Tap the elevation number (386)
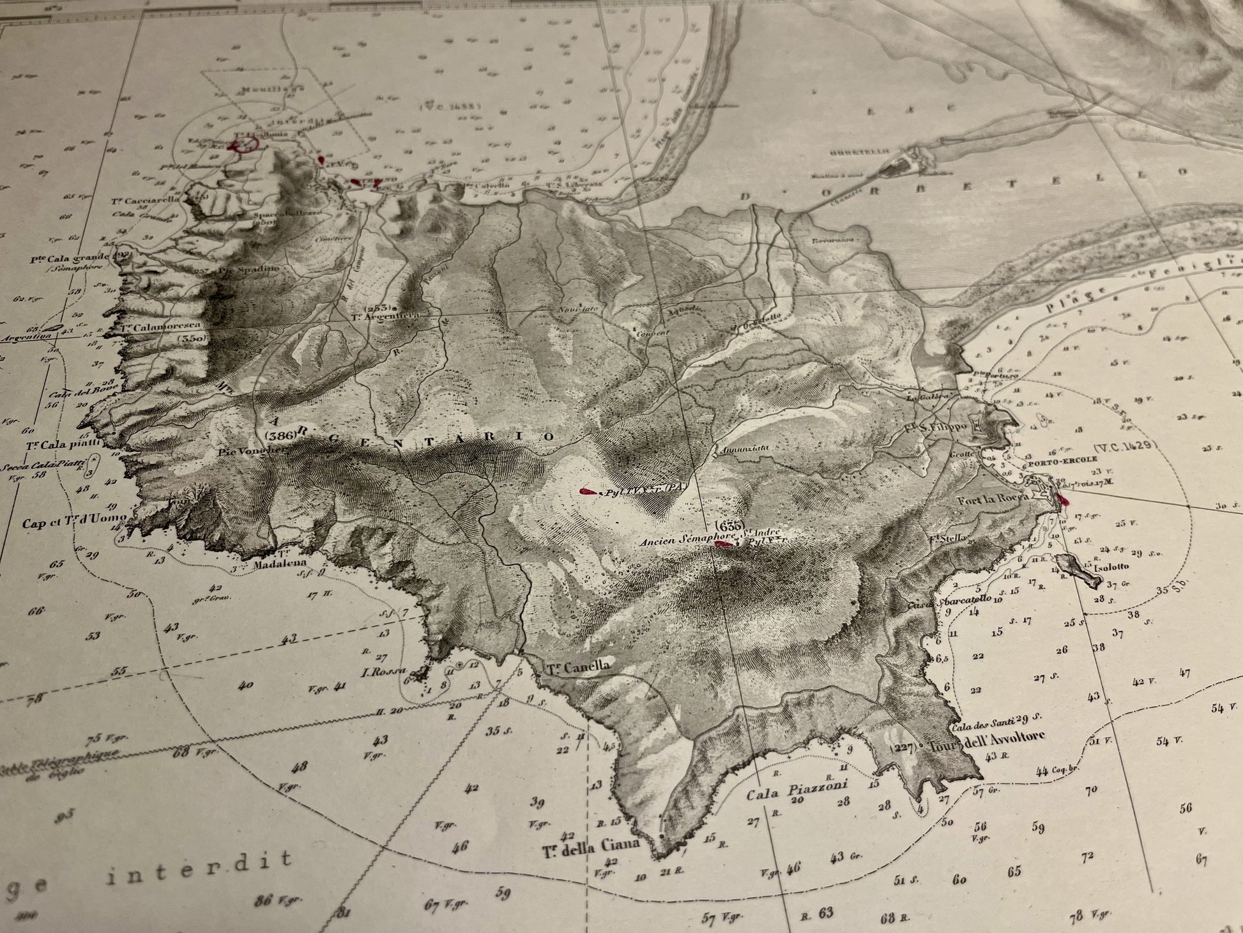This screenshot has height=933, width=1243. [x=280, y=435]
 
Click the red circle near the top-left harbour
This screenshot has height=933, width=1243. [x=244, y=144]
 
